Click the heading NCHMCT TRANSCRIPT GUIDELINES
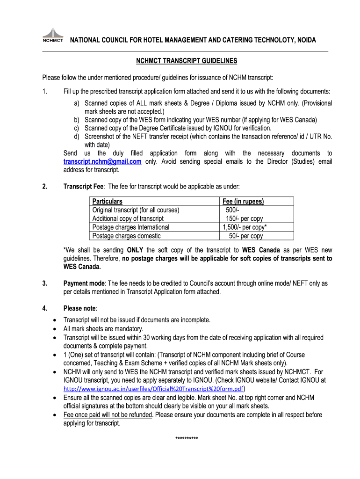click(x=187, y=61)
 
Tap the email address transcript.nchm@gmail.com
click(x=102, y=161)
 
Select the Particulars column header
click(x=108, y=202)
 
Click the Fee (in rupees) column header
click(x=243, y=202)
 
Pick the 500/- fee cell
click(x=232, y=210)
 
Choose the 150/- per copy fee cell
click(x=244, y=218)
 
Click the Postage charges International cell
click(x=131, y=227)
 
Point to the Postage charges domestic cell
click(x=127, y=236)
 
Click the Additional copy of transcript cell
click(x=128, y=218)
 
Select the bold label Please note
click(x=79, y=308)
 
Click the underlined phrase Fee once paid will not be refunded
click(x=108, y=415)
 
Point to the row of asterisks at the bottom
click(x=187, y=439)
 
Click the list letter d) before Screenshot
click(x=76, y=136)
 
